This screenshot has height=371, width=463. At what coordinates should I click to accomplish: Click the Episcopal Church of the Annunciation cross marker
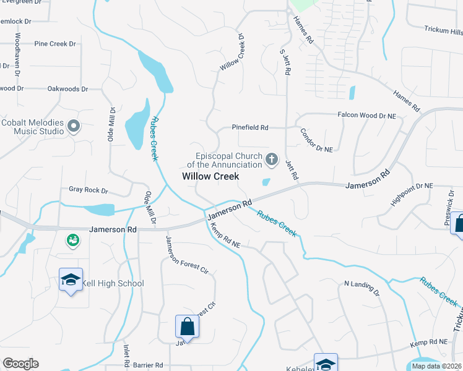[x=271, y=160]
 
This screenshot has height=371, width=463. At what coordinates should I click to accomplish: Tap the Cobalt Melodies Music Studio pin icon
[x=74, y=127]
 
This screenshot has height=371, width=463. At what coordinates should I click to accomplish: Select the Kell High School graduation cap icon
[x=71, y=280]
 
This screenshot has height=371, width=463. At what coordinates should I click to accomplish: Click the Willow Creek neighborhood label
[x=210, y=176]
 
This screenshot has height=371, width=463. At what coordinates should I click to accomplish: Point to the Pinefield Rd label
[x=250, y=127]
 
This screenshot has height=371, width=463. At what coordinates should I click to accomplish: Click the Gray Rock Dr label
[x=89, y=191]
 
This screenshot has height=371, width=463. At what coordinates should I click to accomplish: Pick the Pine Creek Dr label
[x=55, y=44]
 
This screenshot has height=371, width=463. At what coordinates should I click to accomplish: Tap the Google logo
[x=20, y=364]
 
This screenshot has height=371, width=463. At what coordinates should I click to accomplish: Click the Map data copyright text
[x=436, y=366]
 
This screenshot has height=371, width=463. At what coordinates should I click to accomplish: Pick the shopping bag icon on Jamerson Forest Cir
[x=187, y=326]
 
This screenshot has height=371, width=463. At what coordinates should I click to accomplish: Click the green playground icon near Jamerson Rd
[x=73, y=239]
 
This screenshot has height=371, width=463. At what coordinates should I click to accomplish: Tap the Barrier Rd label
[x=149, y=365]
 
